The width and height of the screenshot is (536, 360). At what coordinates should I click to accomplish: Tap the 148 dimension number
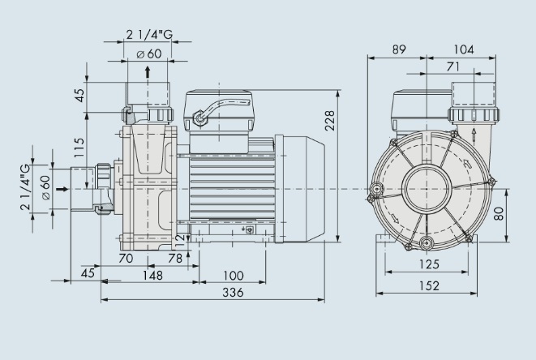pyautogui.click(x=151, y=276)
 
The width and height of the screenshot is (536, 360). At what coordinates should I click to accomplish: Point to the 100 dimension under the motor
pyautogui.click(x=234, y=276)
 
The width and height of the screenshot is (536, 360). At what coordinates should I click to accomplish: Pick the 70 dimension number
pyautogui.click(x=126, y=258)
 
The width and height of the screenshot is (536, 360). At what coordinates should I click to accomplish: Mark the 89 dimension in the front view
pyautogui.click(x=398, y=49)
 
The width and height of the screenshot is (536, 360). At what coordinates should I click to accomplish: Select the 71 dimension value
pyautogui.click(x=455, y=66)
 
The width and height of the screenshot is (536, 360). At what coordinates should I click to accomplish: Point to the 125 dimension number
pyautogui.click(x=430, y=264)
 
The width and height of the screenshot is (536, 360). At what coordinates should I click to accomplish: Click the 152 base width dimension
pyautogui.click(x=430, y=285)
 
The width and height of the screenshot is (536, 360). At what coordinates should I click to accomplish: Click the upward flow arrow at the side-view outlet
pyautogui.click(x=147, y=74)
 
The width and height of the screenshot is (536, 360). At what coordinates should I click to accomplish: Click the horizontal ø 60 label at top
pyautogui.click(x=148, y=54)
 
